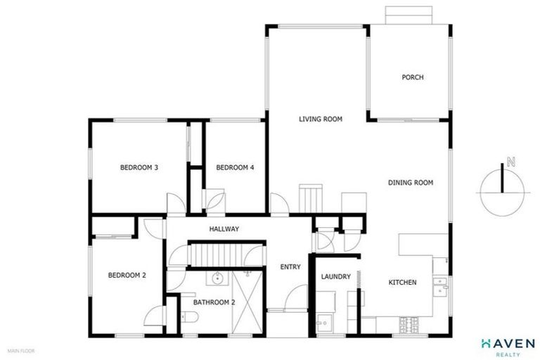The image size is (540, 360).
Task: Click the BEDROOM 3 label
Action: [139, 167]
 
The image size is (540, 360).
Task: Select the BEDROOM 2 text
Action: [127, 276]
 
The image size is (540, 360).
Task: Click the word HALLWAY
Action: [224, 229]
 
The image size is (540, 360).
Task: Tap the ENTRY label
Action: [290, 266]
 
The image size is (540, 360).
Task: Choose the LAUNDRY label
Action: [335, 277]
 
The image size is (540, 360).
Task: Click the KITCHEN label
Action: [403, 283]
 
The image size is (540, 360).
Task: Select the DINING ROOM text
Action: [410, 183]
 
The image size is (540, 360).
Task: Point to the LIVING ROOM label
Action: [320, 120]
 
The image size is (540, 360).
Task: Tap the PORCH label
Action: [413, 77]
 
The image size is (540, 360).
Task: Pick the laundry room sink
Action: [324, 324]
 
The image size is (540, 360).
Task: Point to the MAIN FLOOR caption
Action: [21, 349]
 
